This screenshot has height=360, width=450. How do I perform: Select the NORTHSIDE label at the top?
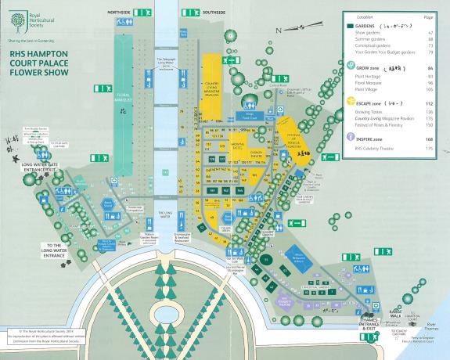140,13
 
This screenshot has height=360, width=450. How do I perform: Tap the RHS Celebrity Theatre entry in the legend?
379,147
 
